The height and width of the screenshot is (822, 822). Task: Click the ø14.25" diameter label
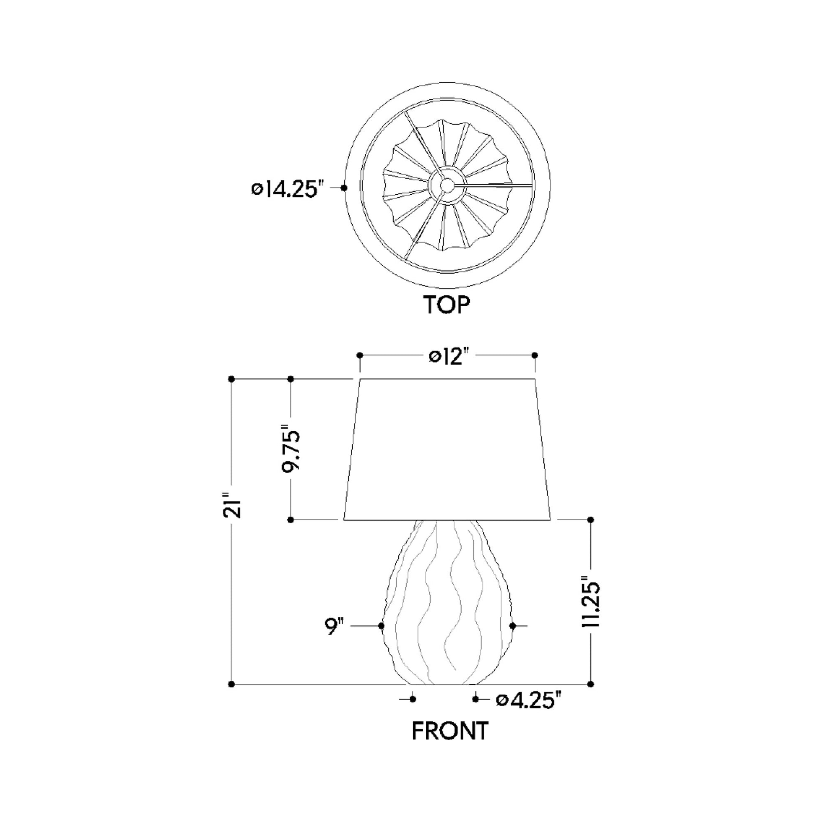(x=288, y=189)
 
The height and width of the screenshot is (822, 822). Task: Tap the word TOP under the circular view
(x=446, y=305)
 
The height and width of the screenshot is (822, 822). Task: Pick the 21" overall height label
(x=232, y=506)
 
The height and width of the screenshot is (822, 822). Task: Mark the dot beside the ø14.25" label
(x=344, y=188)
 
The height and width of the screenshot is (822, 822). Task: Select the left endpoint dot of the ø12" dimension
(x=359, y=355)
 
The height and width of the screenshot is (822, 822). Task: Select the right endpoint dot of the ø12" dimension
(x=535, y=355)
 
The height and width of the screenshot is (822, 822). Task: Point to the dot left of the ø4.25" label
(x=476, y=699)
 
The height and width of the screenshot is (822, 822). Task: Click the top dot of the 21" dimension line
(x=231, y=379)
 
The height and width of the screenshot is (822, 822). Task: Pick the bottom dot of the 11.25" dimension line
(x=591, y=684)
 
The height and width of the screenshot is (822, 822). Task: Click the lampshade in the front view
(x=447, y=451)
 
